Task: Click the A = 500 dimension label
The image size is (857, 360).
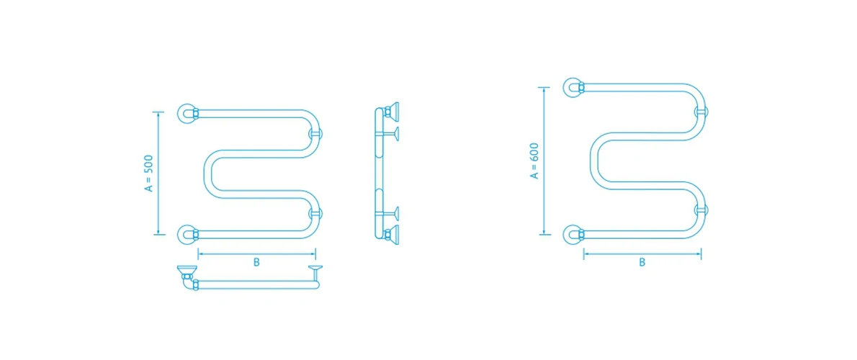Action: [x=148, y=174]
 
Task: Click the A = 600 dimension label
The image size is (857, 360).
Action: [x=534, y=161]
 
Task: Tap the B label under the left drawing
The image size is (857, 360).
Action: [x=256, y=262]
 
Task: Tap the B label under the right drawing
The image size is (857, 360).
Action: [x=642, y=262]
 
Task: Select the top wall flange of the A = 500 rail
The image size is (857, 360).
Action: [x=186, y=113]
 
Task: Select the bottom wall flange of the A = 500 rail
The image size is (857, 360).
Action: [x=186, y=234]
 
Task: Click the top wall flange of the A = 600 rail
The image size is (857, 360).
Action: [x=573, y=87]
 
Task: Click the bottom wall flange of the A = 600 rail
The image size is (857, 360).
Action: [x=573, y=234]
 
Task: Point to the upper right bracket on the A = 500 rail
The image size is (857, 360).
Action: [x=315, y=133]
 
